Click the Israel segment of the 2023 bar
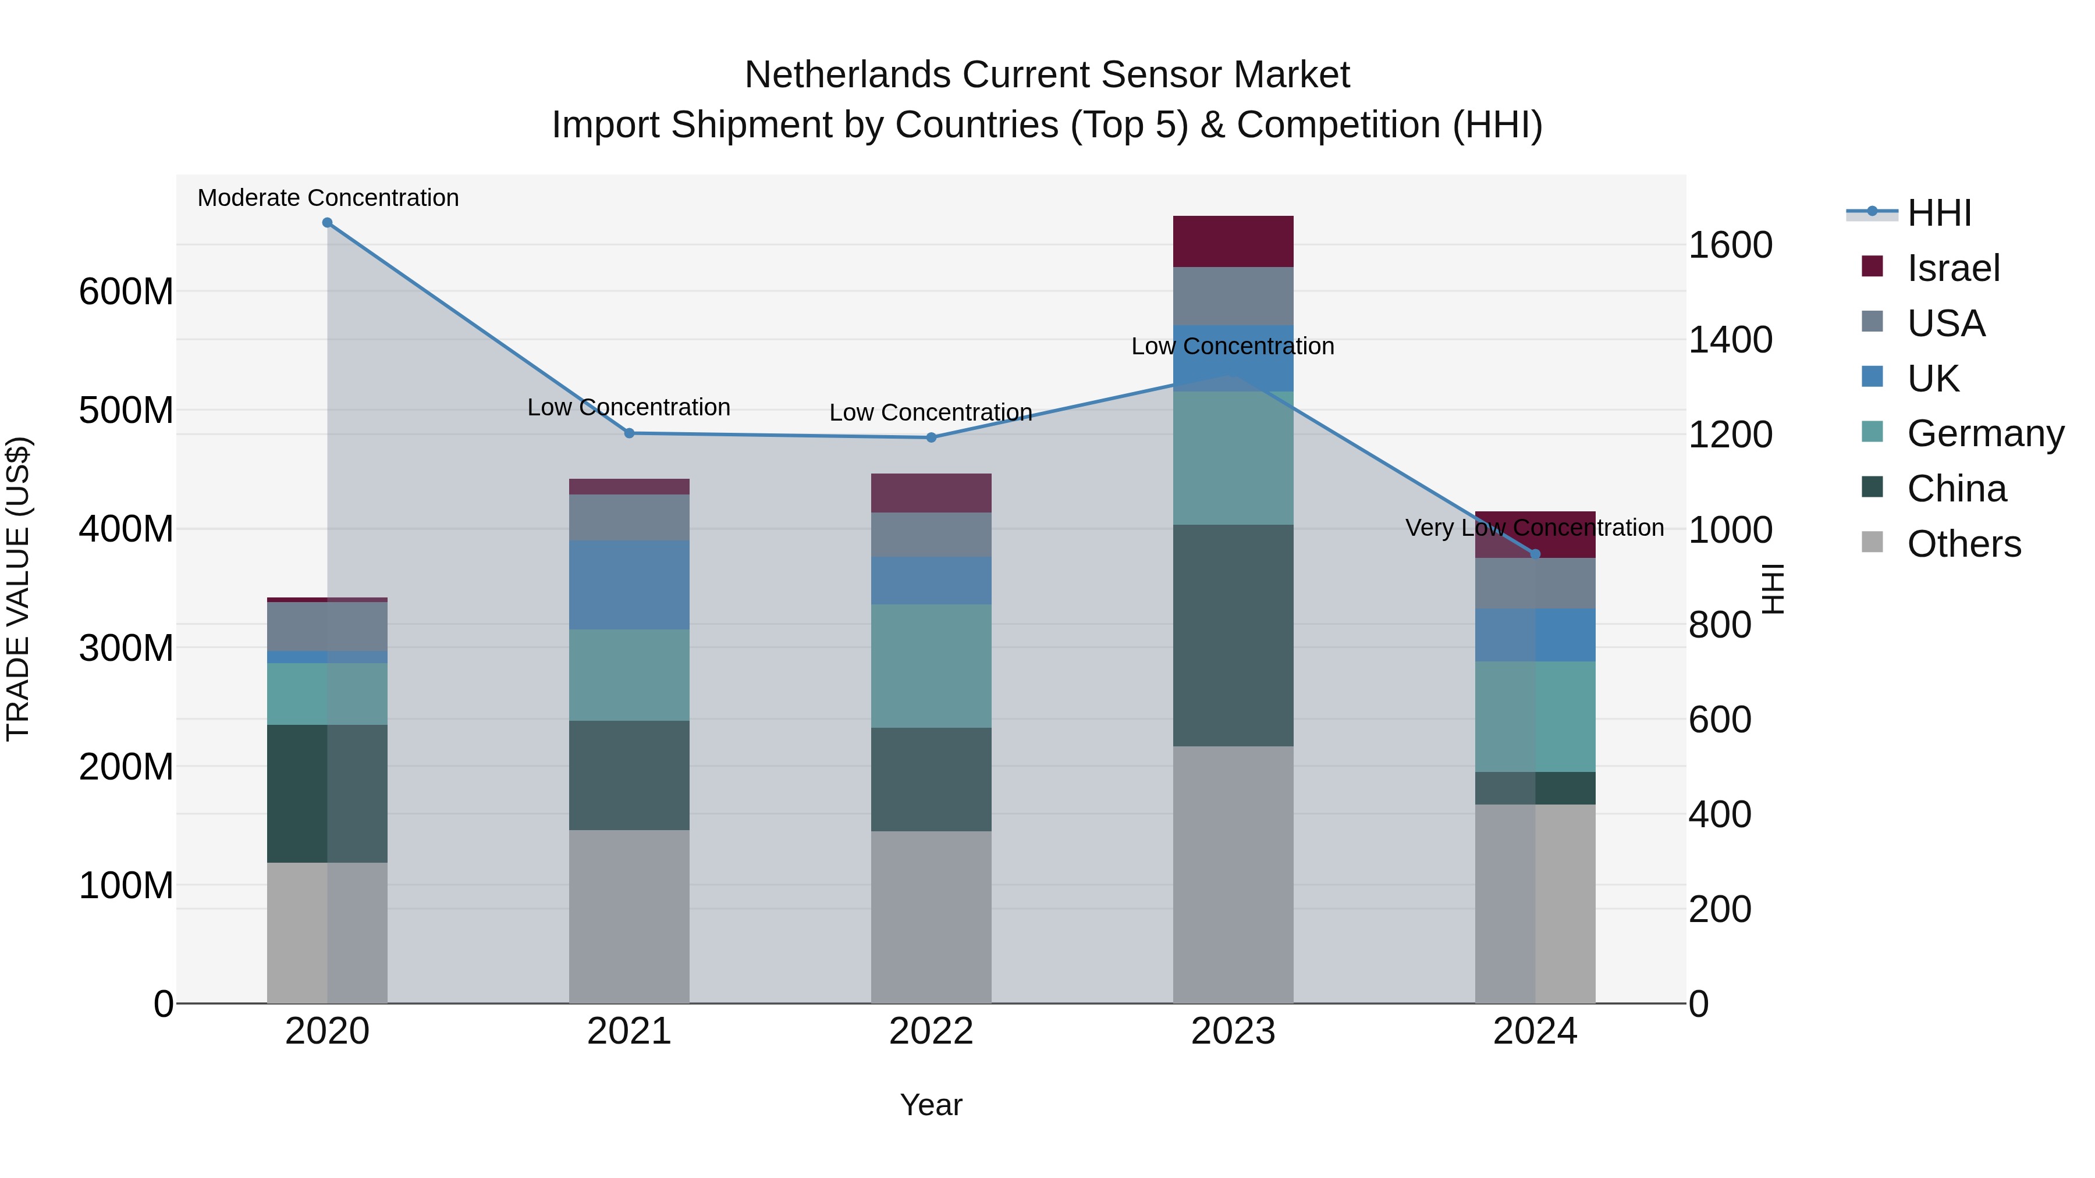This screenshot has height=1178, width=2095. [x=1233, y=241]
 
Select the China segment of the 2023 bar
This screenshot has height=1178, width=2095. [x=1233, y=635]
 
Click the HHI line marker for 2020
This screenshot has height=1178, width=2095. [x=327, y=223]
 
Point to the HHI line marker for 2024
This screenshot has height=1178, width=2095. [x=1536, y=554]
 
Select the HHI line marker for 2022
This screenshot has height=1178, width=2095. [x=931, y=437]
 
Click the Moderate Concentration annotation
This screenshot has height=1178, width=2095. [x=328, y=198]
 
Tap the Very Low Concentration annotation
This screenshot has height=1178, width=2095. [x=1535, y=528]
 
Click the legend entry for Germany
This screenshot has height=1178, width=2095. [x=1984, y=433]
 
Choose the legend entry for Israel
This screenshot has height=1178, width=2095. [x=1952, y=268]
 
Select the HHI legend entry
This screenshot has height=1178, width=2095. [x=1939, y=213]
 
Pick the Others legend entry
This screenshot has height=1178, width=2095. [x=1963, y=544]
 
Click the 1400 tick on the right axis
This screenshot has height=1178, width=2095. [x=1731, y=340]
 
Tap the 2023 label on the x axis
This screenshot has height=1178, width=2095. [x=1233, y=1031]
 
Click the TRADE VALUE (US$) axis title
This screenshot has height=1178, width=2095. [x=18, y=589]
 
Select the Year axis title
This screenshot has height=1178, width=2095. [x=931, y=1105]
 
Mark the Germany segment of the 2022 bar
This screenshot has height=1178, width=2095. [x=931, y=666]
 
